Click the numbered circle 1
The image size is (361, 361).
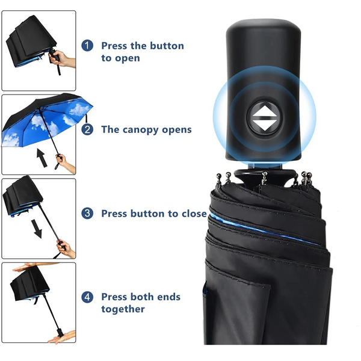(x=88, y=46)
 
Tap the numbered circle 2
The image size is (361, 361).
(x=88, y=129)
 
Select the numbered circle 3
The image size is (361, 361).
(x=88, y=213)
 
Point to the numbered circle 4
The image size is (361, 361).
(x=88, y=297)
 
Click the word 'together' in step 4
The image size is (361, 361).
(x=123, y=309)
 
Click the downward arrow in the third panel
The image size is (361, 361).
(x=37, y=229)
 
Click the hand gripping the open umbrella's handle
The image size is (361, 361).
(x=66, y=163)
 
